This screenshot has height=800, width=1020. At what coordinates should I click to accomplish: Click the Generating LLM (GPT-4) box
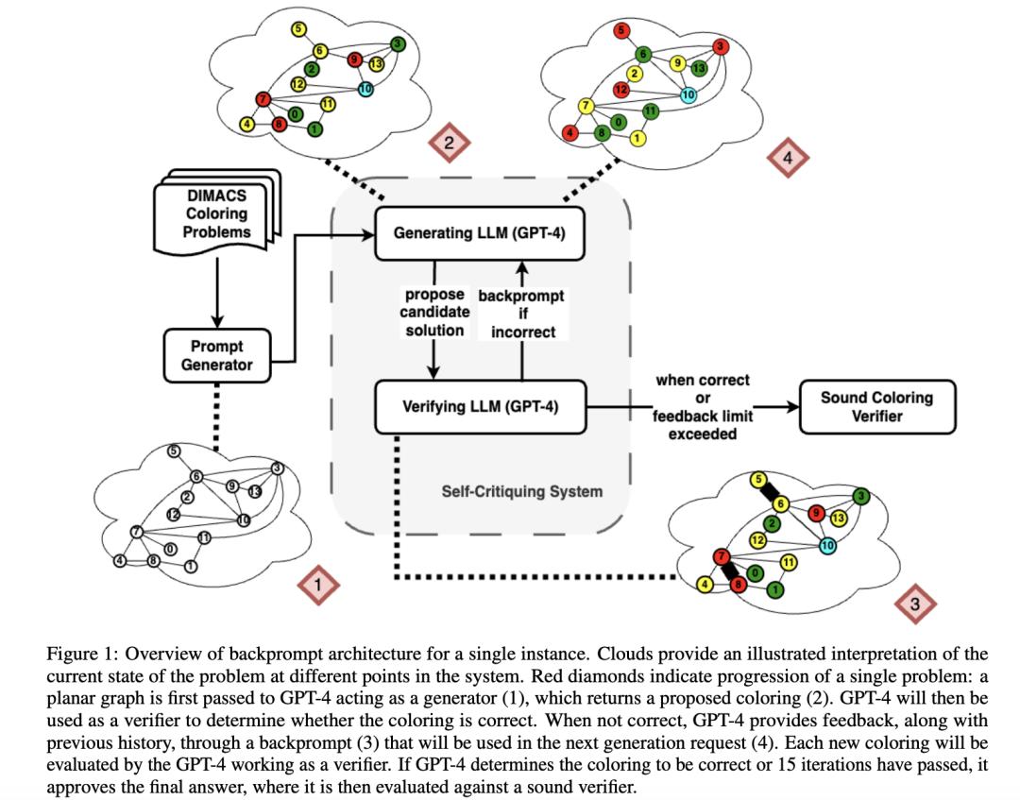tap(480, 233)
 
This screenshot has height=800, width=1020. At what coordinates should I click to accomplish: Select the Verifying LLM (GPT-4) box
tap(480, 407)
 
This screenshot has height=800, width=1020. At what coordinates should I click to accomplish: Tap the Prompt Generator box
tap(216, 355)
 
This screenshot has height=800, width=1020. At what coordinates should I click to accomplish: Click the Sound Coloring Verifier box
tap(876, 406)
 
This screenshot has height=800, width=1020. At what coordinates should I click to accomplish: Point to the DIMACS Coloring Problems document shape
tap(216, 213)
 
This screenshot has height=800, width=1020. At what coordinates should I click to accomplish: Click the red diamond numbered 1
tap(318, 585)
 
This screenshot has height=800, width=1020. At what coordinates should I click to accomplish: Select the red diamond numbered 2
tap(449, 143)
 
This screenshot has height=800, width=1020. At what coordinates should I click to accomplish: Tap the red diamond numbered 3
tap(914, 604)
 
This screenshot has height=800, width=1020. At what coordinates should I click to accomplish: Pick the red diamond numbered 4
tap(788, 158)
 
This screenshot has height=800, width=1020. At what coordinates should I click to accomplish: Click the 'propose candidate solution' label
tap(434, 313)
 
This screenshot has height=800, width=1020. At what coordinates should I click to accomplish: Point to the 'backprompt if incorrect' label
tap(521, 314)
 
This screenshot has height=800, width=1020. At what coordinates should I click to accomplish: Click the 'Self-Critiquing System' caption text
tap(521, 491)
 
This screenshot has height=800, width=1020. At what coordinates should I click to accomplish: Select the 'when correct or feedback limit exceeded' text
tap(703, 406)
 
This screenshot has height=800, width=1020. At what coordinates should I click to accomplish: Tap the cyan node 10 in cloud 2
tap(365, 89)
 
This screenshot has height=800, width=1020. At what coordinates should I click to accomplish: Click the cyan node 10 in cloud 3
tap(827, 545)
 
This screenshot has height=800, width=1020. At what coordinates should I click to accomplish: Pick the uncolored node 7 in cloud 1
tap(136, 532)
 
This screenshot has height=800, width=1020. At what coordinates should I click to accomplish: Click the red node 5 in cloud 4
tap(621, 30)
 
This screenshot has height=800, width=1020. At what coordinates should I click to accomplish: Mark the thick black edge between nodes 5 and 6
tap(770, 491)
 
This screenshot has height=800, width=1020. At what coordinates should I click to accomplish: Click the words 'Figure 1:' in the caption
tap(82, 653)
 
